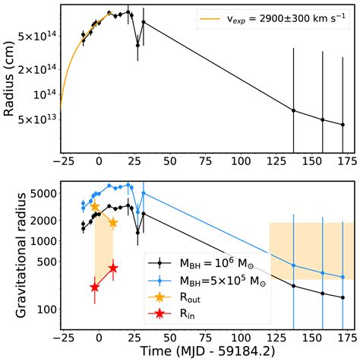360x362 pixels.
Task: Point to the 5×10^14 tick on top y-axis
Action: (36, 36)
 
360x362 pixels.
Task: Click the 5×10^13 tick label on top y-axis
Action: (36, 119)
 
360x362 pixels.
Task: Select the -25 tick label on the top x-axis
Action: (61, 162)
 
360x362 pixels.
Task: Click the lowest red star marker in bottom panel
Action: (95, 287)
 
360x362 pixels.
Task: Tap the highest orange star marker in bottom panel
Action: (95, 206)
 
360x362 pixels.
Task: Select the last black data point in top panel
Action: (343, 125)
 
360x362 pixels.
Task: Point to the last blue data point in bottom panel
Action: (343, 278)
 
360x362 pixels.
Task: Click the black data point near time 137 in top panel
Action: (293, 110)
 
